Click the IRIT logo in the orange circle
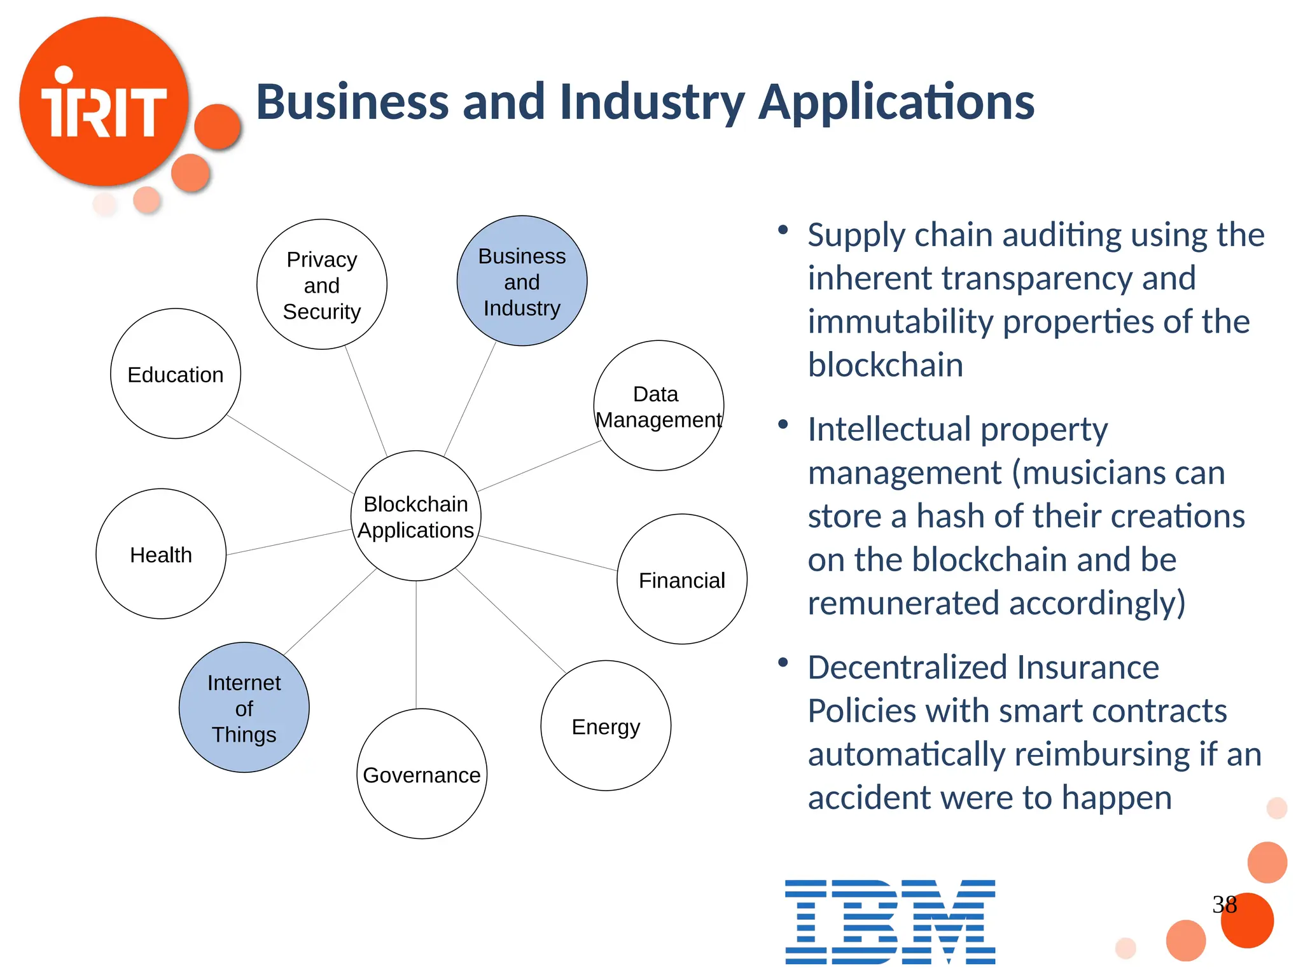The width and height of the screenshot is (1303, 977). (x=104, y=102)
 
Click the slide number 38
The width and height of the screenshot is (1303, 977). (x=1224, y=904)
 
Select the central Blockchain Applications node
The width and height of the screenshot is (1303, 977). (x=416, y=516)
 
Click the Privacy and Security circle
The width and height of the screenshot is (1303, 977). (x=322, y=284)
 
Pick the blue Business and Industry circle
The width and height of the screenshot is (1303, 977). (x=522, y=281)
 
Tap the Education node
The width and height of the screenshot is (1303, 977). (x=176, y=374)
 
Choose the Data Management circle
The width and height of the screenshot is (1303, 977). (x=658, y=406)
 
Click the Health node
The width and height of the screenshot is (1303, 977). (x=161, y=554)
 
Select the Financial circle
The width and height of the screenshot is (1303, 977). (x=681, y=579)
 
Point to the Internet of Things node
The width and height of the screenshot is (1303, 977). (x=244, y=707)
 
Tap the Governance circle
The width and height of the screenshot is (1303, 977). (x=422, y=774)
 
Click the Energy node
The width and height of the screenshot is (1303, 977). (x=606, y=726)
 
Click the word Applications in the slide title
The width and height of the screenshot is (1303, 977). (x=896, y=102)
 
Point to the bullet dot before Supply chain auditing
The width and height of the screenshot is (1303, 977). (x=783, y=230)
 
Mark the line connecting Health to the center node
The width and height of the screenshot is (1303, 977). (x=289, y=542)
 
